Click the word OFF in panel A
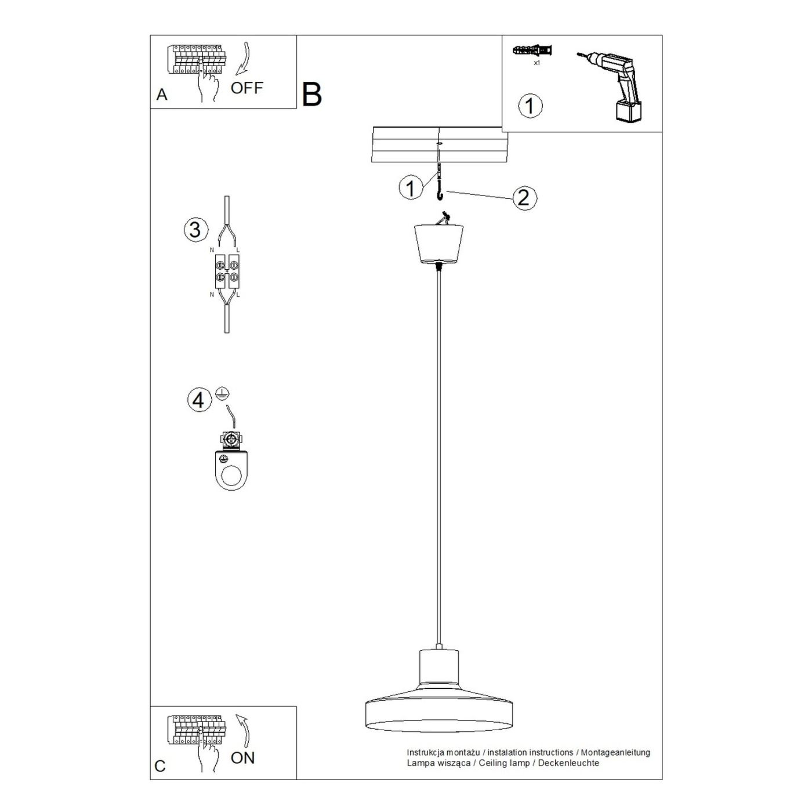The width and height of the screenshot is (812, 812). coord(246,88)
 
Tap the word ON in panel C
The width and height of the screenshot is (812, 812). coord(242,758)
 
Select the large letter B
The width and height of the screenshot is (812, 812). coord(312,95)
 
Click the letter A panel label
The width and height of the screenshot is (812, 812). coord(162,95)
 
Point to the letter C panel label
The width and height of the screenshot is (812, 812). coord(160,766)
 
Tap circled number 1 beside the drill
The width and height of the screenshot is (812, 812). coord(530,106)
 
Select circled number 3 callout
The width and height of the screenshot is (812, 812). coord(195,230)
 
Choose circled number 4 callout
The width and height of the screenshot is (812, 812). coord(198,400)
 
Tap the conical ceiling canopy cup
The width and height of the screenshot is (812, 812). coord(439,244)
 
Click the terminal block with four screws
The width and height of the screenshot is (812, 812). coord(227,272)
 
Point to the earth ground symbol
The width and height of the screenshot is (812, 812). coord(220,393)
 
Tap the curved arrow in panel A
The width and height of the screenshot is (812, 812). coord(244,59)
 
